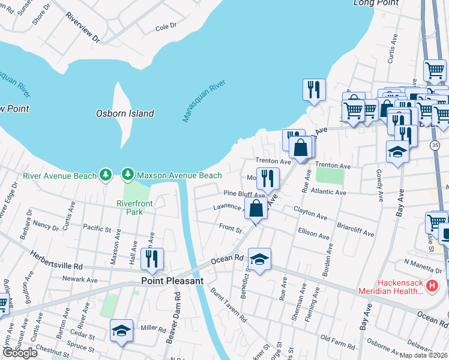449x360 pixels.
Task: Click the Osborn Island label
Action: click(x=125, y=113)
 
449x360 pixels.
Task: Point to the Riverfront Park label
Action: click(x=134, y=208)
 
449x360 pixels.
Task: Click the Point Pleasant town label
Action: click(x=173, y=280)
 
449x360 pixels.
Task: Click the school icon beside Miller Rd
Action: click(x=121, y=330)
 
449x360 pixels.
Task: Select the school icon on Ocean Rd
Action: click(x=259, y=259)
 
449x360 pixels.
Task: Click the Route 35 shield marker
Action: click(x=434, y=145)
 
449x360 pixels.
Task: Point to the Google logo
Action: click(x=20, y=352)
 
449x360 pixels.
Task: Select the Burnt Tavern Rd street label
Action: click(x=229, y=306)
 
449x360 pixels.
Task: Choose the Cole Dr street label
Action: click(x=166, y=27)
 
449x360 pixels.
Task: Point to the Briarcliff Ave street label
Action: click(x=357, y=231)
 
